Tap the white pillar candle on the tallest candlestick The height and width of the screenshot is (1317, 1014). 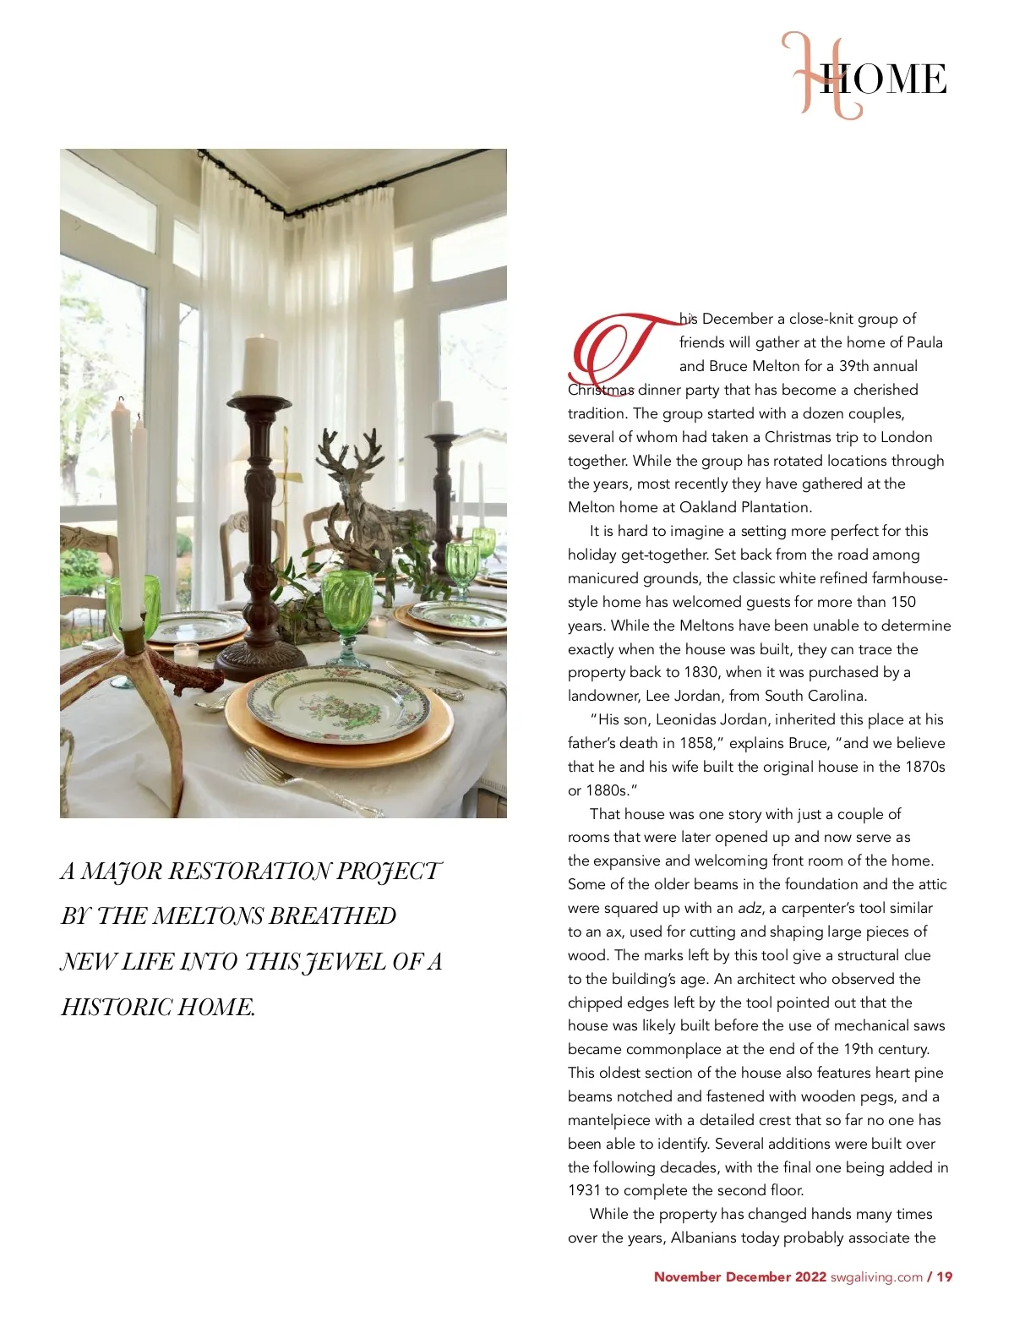click(260, 365)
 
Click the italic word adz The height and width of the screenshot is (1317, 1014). click(750, 909)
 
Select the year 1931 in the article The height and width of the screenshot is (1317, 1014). click(584, 1190)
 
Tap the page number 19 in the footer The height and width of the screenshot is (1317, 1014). click(944, 1277)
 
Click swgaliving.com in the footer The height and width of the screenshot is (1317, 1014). click(876, 1277)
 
